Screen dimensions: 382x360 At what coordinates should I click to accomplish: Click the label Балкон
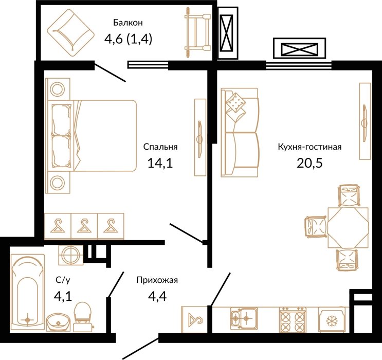(128, 23)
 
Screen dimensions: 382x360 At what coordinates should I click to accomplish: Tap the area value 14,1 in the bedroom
(160, 163)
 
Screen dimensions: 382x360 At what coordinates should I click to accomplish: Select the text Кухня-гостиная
(310, 147)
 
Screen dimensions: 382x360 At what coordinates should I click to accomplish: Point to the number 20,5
(310, 163)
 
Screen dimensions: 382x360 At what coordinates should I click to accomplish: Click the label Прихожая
(157, 280)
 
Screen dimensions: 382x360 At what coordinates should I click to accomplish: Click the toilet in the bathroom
(83, 317)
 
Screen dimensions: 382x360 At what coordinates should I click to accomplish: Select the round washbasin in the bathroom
(58, 322)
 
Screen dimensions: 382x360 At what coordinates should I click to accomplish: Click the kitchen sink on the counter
(244, 318)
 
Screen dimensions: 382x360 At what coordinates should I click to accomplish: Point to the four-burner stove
(293, 319)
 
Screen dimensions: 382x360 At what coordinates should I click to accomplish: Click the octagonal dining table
(348, 227)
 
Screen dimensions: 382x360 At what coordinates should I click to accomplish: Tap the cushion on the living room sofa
(235, 103)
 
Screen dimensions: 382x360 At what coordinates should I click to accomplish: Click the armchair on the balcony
(70, 33)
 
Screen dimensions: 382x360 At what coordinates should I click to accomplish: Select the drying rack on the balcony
(197, 32)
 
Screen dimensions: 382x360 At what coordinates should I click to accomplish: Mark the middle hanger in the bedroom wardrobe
(84, 226)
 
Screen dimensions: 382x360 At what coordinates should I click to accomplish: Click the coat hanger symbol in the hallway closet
(195, 319)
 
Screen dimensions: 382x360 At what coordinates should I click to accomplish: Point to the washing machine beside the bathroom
(70, 255)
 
